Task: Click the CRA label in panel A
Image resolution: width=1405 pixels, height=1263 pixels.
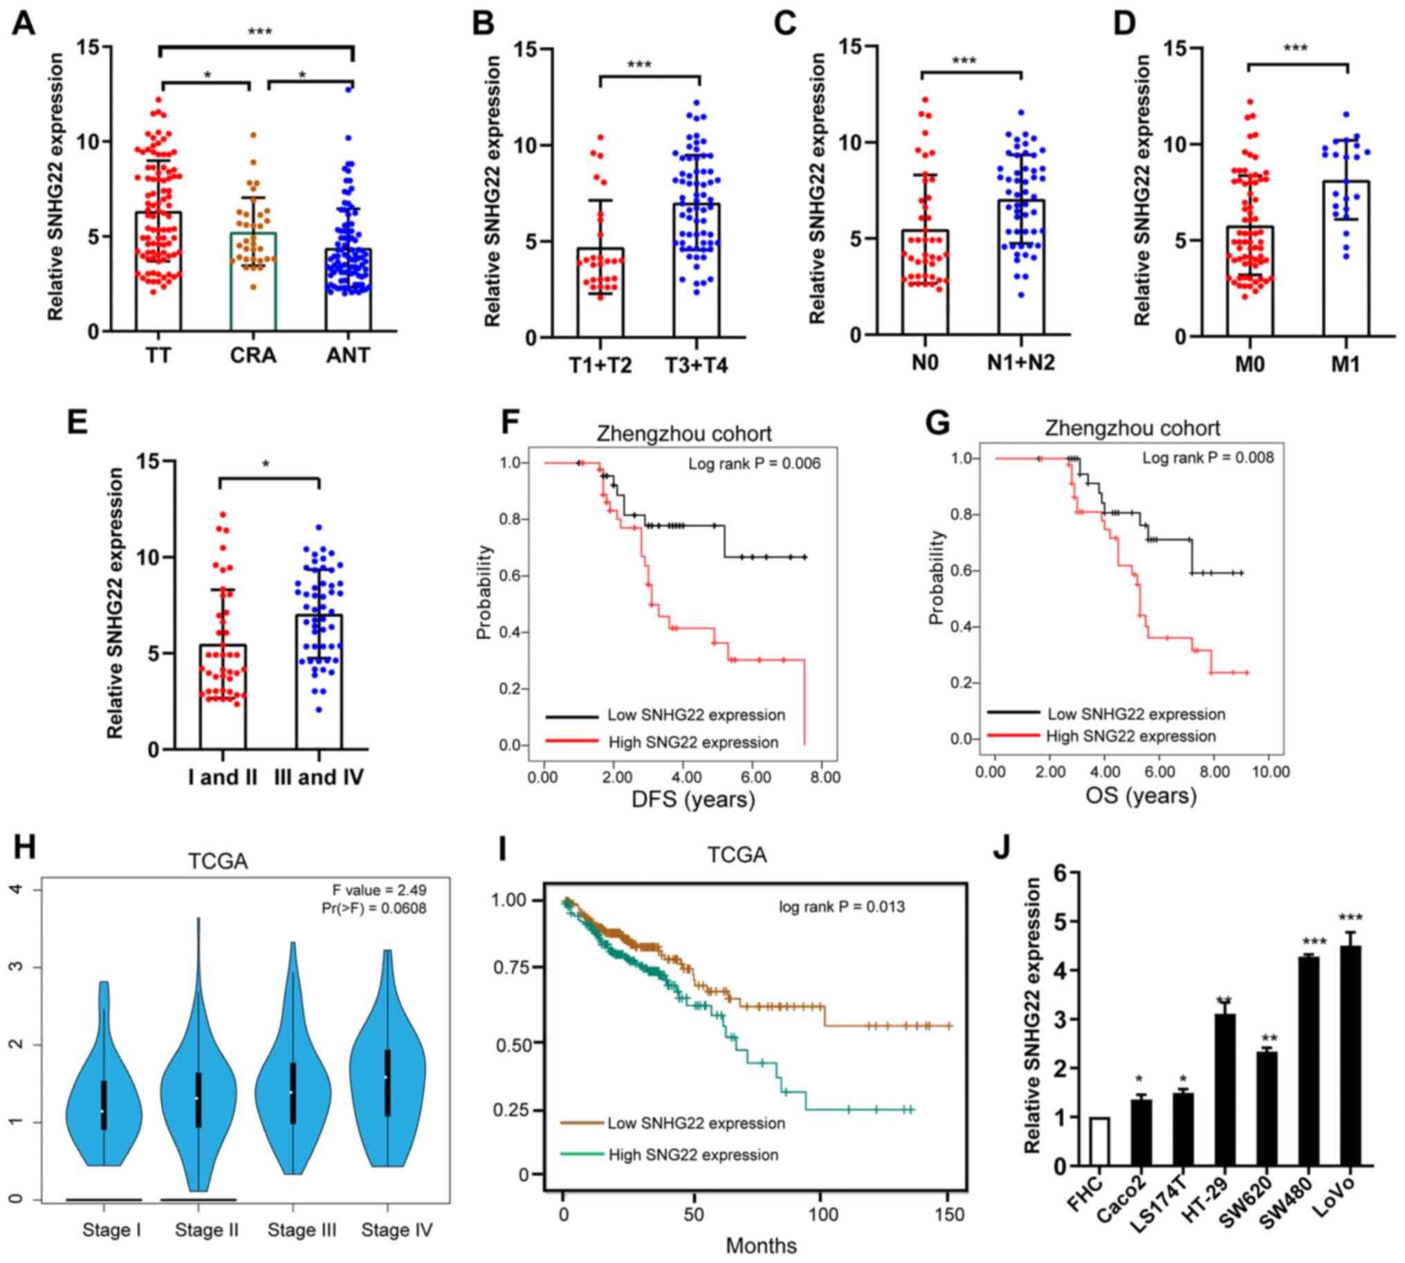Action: pos(252,356)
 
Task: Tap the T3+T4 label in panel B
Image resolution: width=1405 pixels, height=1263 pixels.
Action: pos(696,365)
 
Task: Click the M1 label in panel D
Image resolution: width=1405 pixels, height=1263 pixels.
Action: pos(1345,364)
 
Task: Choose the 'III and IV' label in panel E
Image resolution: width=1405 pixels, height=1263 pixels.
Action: pos(319,777)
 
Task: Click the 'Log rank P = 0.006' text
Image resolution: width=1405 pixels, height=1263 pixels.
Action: pos(754,463)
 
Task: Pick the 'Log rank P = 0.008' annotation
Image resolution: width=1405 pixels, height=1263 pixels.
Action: pos(1208,457)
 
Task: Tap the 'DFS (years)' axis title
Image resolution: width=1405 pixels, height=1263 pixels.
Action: pos(692,800)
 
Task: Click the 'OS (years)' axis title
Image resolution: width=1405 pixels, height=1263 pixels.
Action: pos(1141,795)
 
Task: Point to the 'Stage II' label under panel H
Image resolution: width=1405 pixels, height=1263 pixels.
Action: pos(206,1230)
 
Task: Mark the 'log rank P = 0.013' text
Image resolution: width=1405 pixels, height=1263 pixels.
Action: pos(841,907)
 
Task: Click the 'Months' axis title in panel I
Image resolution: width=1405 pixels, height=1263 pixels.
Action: pos(761,1246)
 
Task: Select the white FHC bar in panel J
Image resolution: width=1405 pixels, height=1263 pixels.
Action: pos(1099,1141)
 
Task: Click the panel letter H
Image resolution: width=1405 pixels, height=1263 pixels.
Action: pos(24,848)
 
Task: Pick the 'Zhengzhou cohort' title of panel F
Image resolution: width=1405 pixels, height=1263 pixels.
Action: pos(683,434)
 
